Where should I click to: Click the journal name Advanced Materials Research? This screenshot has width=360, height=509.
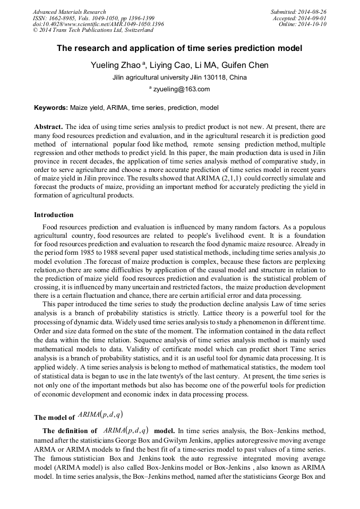pos(69,12)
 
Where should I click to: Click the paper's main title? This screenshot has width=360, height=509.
pos(179,48)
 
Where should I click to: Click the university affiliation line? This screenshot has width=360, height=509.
pos(179,77)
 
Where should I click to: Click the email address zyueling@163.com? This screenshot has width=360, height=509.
pos(182,89)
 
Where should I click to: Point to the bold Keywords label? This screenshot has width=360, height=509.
pos(51,108)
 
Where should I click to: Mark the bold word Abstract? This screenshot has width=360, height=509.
pos(48,128)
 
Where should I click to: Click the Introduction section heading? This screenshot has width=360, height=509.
pos(54,215)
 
